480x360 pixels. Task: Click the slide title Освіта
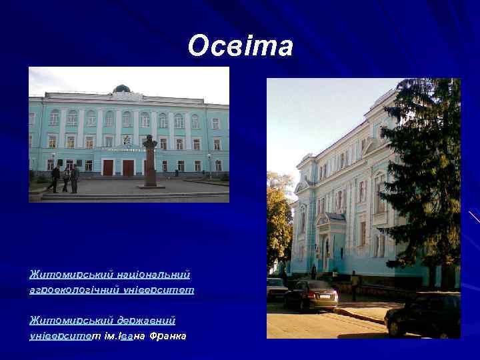[x=240, y=46]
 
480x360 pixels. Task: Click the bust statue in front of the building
[x=150, y=144]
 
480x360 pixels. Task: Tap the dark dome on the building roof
[x=121, y=89]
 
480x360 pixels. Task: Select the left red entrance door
[x=108, y=167]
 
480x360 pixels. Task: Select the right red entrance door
[x=128, y=167]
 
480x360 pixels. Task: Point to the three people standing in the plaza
[x=65, y=179]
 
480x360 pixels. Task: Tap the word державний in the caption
[x=145, y=320]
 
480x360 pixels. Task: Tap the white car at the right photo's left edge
[x=276, y=288]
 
